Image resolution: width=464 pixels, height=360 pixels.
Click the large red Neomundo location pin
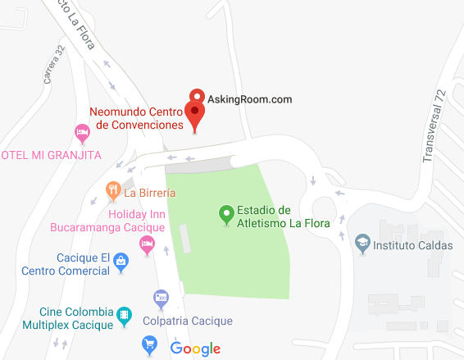[195, 113]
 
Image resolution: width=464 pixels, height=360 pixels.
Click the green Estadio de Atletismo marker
[226, 215]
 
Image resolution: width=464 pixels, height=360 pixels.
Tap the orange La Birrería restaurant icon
[113, 193]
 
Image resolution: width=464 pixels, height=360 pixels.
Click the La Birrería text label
[151, 194]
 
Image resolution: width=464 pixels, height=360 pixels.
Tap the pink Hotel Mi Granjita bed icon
[82, 131]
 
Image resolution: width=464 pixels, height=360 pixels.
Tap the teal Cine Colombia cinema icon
[124, 314]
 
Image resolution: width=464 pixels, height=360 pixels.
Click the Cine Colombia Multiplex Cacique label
[75, 317]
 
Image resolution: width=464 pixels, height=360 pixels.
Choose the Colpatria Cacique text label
[188, 321]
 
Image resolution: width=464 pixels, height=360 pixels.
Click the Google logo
[196, 348]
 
